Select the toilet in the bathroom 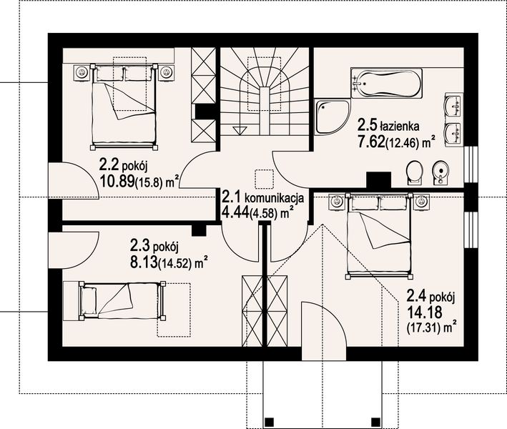click(413, 172)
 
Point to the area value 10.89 click(118, 182)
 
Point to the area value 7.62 click(371, 142)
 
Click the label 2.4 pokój click(431, 295)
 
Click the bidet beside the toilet click(442, 172)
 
